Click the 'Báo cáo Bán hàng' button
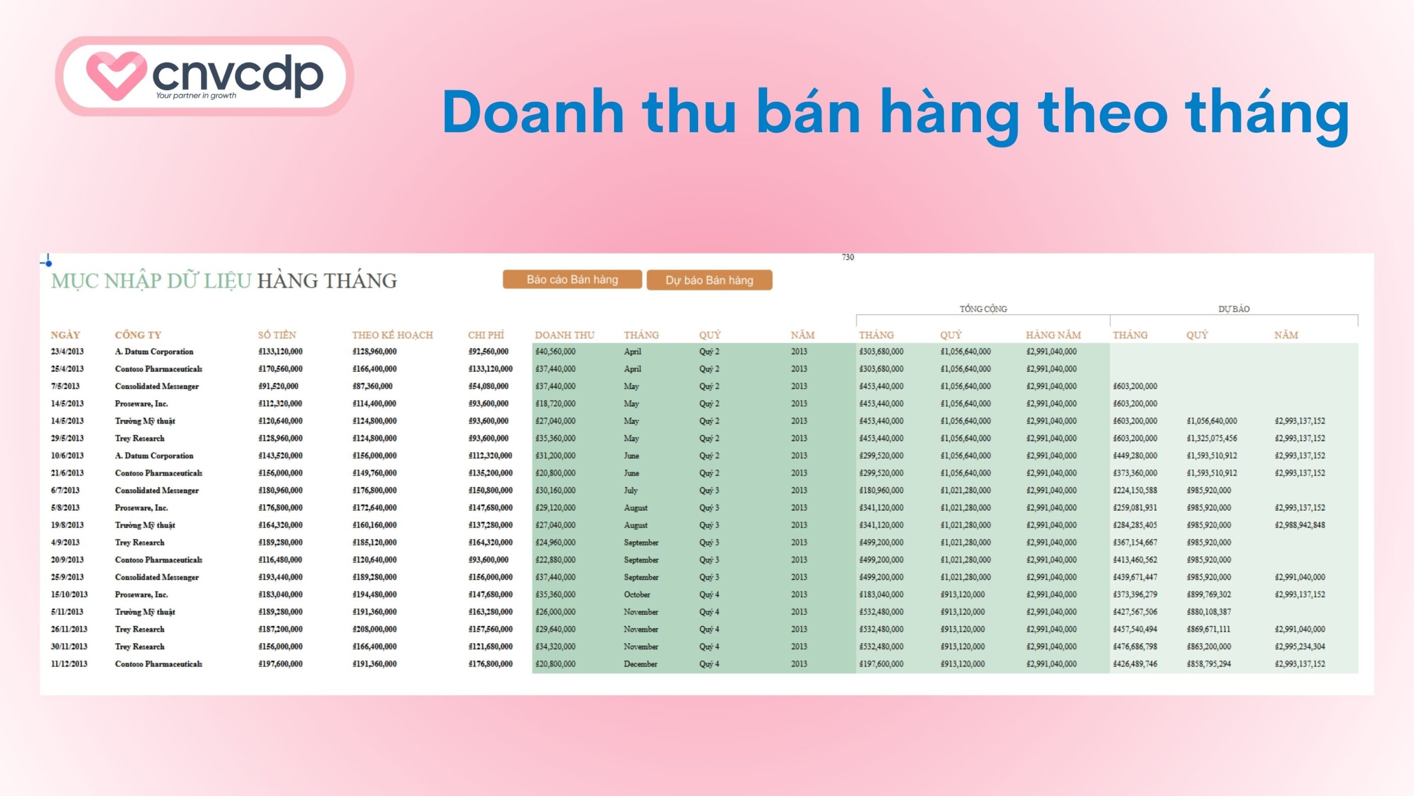coord(572,280)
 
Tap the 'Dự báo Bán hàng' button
coord(709,280)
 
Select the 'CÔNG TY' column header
coord(138,335)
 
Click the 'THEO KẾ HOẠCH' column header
coord(392,335)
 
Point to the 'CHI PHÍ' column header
coord(486,335)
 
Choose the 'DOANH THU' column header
coord(564,335)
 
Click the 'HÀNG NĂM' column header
coord(1053,335)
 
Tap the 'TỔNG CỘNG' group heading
coord(983,309)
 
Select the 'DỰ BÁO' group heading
coord(1234,309)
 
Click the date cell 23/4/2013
coord(67,352)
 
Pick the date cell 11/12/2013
coord(69,664)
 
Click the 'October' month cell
coord(637,595)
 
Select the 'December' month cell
coord(641,664)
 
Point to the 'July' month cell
coord(631,490)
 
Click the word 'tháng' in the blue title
coord(1267,113)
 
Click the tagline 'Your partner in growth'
coord(196,96)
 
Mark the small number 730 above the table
coord(848,258)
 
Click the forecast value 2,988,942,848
coord(1300,525)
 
